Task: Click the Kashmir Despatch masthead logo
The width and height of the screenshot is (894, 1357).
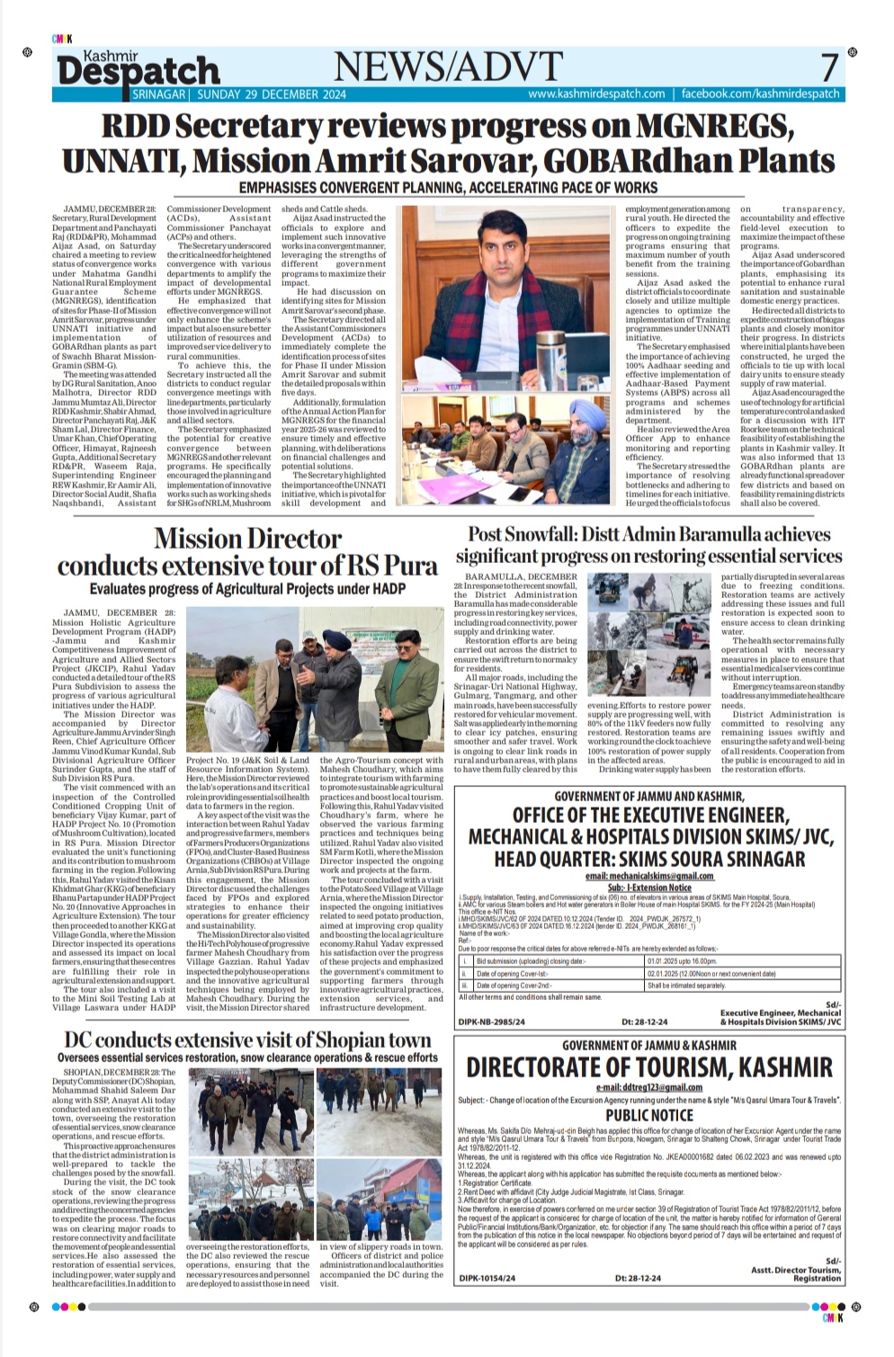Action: coord(138,66)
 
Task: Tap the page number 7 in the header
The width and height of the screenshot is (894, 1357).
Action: coord(828,68)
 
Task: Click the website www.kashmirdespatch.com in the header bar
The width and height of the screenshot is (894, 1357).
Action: coord(596,94)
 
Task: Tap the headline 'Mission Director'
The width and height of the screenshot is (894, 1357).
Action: coord(247,538)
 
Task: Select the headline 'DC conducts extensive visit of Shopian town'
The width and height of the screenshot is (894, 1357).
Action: coord(247,1040)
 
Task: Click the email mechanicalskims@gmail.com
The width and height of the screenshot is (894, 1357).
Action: coord(648,876)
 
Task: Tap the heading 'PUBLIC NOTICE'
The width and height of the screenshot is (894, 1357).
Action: coord(648,1114)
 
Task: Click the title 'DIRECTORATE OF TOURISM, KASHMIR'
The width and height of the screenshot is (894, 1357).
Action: coord(648,1067)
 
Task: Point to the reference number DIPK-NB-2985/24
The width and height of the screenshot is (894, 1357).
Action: coord(492,1022)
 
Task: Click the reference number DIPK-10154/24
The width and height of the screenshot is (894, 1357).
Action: coord(487,1277)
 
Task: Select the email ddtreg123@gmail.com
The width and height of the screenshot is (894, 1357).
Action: coord(648,1086)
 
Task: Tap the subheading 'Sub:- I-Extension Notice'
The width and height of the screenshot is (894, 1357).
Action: coord(648,888)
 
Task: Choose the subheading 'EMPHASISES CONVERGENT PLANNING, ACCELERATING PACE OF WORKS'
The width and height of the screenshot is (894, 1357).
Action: coord(447,188)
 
